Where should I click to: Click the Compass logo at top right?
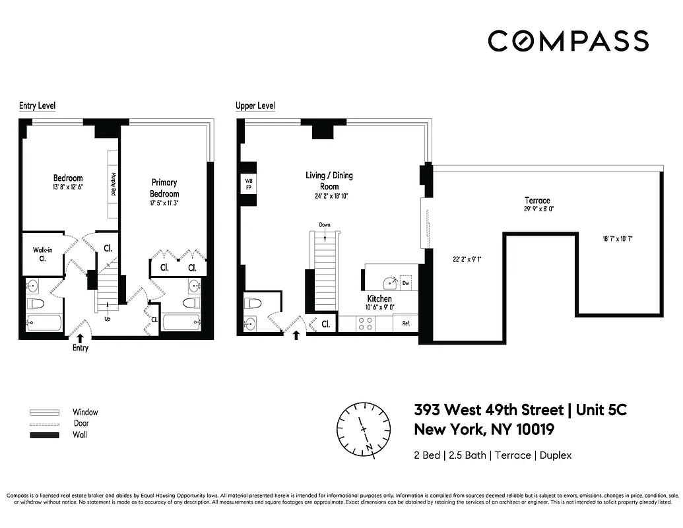(568, 41)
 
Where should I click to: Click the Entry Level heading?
(37, 106)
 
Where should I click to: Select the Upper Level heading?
(255, 106)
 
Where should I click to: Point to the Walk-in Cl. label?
(43, 254)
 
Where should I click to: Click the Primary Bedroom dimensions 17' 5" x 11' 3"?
(164, 204)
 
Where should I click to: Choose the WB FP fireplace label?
(249, 183)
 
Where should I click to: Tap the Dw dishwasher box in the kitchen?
(406, 282)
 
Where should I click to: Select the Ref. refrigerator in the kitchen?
(406, 323)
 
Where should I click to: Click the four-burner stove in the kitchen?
(365, 323)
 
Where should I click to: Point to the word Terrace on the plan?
(537, 201)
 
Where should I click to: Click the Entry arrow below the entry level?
(80, 338)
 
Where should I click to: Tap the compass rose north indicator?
(364, 428)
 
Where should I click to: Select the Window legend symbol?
(44, 412)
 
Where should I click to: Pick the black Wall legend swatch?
(44, 435)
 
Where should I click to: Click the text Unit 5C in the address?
(601, 410)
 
